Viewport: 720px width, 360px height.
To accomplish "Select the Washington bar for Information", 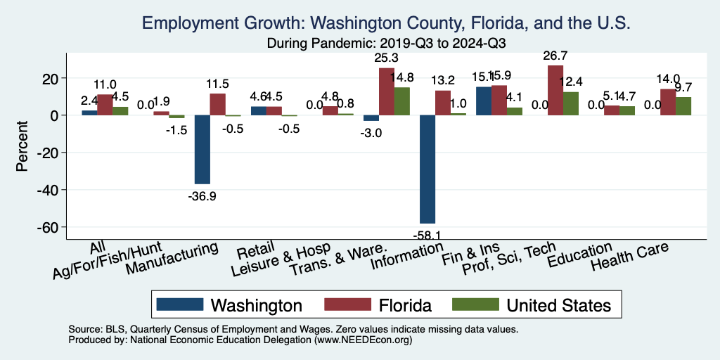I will click(x=427, y=169).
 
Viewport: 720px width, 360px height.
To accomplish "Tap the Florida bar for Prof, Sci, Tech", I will click(x=555, y=90).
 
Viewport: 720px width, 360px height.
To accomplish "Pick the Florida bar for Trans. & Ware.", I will click(x=387, y=91).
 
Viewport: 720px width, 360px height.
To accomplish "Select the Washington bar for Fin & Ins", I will click(x=484, y=101).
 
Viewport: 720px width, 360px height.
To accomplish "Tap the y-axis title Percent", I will click(x=22, y=148).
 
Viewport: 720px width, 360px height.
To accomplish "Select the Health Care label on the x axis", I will click(x=629, y=257).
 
